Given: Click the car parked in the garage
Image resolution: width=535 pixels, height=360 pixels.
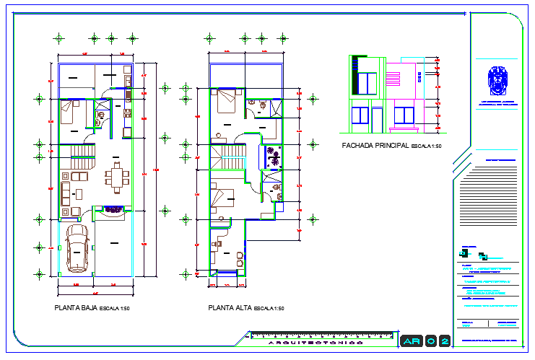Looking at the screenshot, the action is (x=77, y=248).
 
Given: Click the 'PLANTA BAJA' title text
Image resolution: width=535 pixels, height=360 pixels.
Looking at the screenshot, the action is (x=77, y=308).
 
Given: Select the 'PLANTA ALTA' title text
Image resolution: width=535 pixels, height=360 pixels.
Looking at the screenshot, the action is (x=228, y=308).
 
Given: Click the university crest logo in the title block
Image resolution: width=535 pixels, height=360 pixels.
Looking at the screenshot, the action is (x=496, y=81).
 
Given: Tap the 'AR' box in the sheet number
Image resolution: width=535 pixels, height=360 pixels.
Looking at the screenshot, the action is (x=411, y=340).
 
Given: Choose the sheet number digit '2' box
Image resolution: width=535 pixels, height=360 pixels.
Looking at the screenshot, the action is (x=444, y=340).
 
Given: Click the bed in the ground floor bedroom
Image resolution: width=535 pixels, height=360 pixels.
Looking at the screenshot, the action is (x=71, y=111).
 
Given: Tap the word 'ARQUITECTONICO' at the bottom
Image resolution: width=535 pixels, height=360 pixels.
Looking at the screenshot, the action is (x=316, y=343).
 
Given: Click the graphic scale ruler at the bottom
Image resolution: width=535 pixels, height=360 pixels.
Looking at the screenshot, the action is (x=318, y=335).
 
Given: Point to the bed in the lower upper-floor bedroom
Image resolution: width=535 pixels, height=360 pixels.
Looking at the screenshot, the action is (x=225, y=197).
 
